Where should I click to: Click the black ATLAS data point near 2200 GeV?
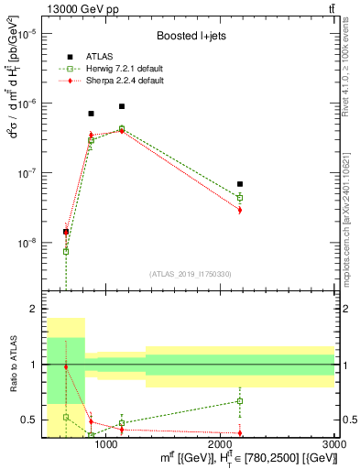[x=240, y=184]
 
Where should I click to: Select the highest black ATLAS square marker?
[x=121, y=106]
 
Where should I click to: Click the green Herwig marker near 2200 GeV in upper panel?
[x=240, y=197]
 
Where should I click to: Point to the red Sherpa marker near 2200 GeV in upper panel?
[x=240, y=210]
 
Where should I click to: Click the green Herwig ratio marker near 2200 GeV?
[x=240, y=401]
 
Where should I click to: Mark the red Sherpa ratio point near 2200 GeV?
[x=240, y=432]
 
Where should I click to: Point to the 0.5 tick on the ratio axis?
[x=32, y=420]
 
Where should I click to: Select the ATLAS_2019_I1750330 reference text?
[x=190, y=274]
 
